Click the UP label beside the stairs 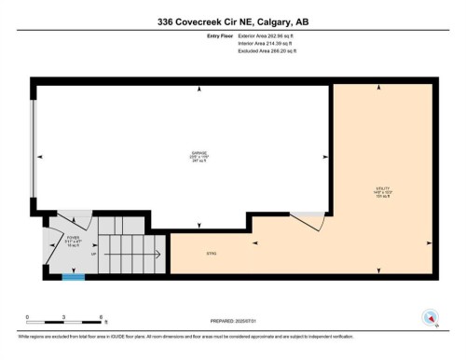(x=94, y=253)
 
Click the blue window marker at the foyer (x=74, y=276)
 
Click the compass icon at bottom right (x=432, y=318)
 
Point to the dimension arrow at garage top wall (x=199, y=90)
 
